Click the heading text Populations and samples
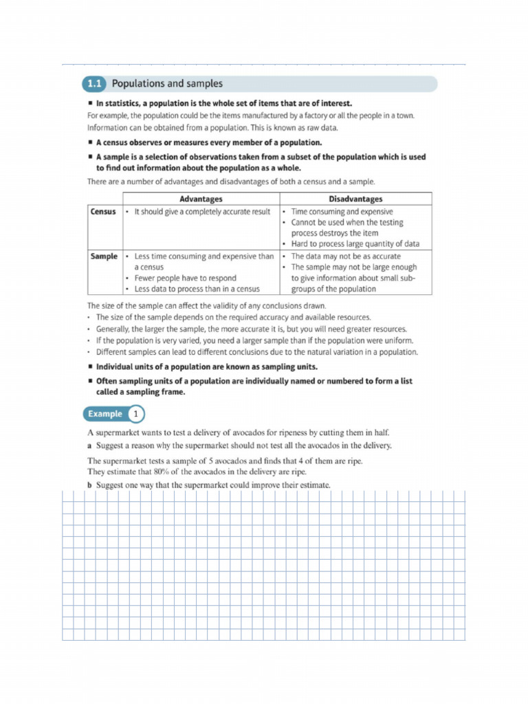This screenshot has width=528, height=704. pyautogui.click(x=167, y=84)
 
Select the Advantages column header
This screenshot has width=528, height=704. pyautogui.click(x=201, y=199)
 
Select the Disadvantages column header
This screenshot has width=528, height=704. pyautogui.click(x=355, y=199)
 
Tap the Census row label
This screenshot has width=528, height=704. pyautogui.click(x=103, y=212)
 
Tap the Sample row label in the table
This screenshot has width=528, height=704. pyautogui.click(x=104, y=256)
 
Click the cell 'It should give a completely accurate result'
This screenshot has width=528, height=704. pyautogui.click(x=202, y=212)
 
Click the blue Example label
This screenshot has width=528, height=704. pyautogui.click(x=104, y=414)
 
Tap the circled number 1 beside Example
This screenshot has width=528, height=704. pyautogui.click(x=136, y=414)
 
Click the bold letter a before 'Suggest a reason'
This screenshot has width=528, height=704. pyautogui.click(x=89, y=445)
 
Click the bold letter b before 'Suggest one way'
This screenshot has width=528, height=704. pyautogui.click(x=89, y=485)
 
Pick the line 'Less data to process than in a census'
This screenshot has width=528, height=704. pyautogui.click(x=197, y=289)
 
